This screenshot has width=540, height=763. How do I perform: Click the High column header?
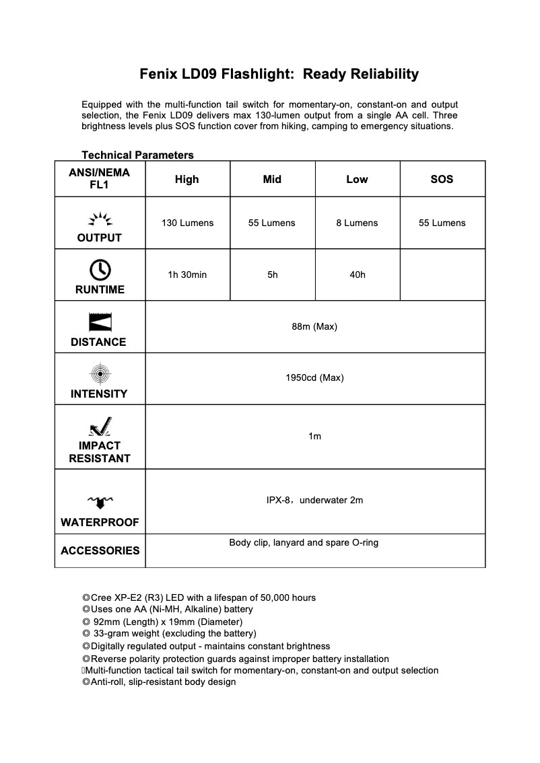pos(187,179)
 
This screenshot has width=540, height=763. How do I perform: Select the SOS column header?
pos(442,179)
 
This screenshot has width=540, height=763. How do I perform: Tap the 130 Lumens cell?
pos(187,223)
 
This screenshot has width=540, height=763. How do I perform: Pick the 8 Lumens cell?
pos(357,223)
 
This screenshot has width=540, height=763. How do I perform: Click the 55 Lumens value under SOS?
pos(442,223)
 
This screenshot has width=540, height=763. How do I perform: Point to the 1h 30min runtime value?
pos(187,275)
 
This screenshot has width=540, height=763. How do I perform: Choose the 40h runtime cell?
pos(357,275)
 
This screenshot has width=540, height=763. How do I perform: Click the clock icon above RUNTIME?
pos(100,269)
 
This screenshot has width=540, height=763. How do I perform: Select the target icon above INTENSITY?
pos(100,373)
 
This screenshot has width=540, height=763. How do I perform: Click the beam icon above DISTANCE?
pos(100,322)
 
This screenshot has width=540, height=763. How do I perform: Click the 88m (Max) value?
pos(314,326)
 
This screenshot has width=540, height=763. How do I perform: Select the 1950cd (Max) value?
pos(314,377)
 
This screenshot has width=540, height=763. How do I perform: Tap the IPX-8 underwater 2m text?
pos(314,500)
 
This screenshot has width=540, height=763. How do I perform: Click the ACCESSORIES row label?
pos(100,550)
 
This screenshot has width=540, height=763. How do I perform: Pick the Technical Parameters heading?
pos(137,155)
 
